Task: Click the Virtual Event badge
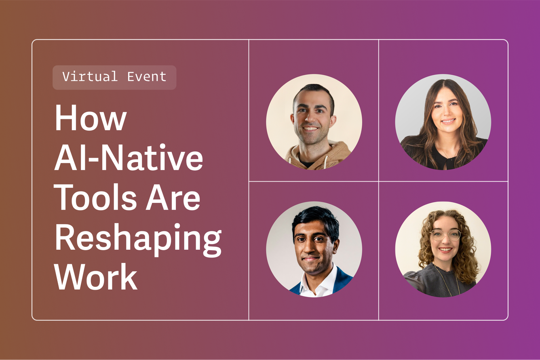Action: click(x=114, y=77)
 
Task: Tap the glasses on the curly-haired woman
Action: click(x=445, y=235)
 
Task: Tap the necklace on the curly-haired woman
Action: click(x=450, y=279)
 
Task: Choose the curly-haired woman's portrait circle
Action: click(x=443, y=249)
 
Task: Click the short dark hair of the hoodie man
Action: click(x=314, y=91)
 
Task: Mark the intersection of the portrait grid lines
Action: click(x=378, y=181)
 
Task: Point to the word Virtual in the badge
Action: click(x=90, y=77)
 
